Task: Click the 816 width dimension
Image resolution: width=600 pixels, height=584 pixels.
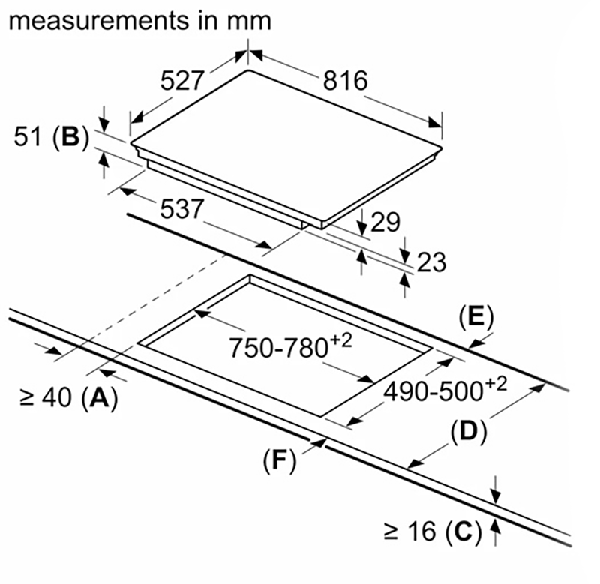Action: [346, 81]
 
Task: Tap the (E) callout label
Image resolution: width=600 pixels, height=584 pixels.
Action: [475, 318]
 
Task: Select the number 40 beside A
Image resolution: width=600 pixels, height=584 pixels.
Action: [55, 399]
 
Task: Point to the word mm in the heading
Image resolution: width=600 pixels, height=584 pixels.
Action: [247, 20]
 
